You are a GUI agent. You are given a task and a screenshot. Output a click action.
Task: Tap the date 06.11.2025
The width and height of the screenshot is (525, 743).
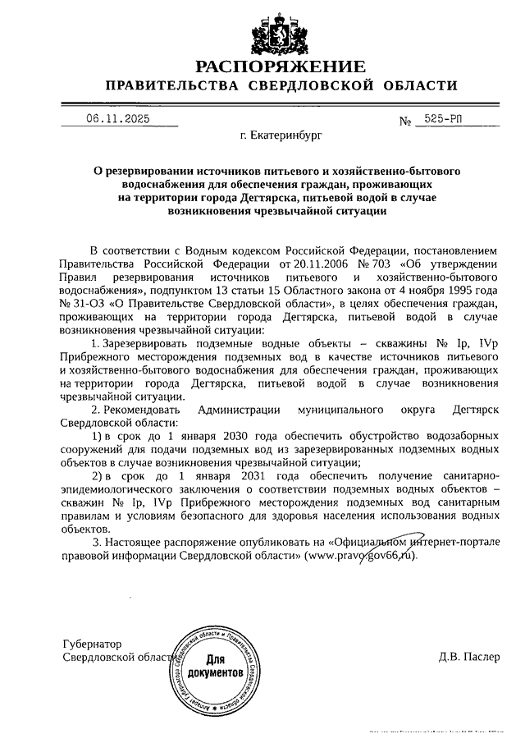pos(118,119)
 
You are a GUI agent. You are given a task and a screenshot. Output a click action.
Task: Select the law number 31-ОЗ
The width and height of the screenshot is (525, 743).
pos(86,303)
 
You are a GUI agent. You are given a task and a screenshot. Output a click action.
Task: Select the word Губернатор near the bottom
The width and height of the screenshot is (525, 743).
pos(92,644)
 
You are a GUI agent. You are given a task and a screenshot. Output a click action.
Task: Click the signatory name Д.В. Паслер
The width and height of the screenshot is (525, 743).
pos(468,657)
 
